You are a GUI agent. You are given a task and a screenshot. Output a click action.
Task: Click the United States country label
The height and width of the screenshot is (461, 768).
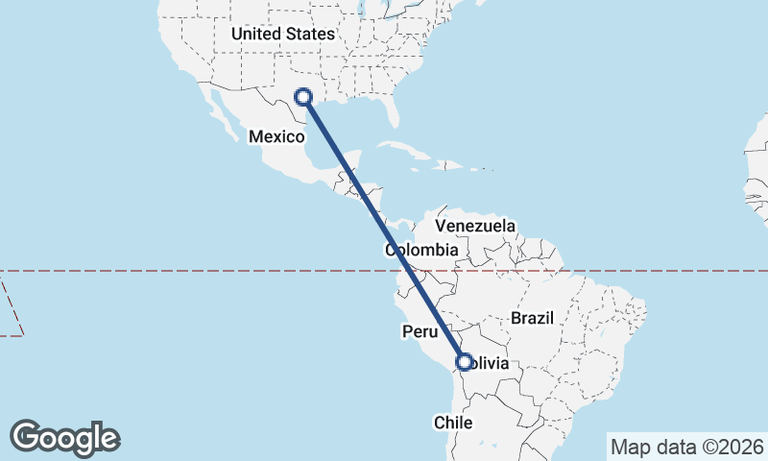pos(283,35)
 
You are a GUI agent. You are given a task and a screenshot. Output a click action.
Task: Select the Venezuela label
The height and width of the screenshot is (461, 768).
pos(475,226)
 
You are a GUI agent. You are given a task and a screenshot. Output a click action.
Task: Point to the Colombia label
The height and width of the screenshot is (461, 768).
pos(421,250)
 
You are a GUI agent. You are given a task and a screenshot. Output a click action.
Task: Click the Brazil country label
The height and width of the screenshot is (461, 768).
pos(534,318)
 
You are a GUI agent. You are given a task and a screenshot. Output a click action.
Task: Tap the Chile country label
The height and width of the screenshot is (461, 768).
pos(454,423)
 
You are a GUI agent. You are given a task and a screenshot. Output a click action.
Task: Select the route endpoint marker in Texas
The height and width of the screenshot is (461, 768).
pos(303,96)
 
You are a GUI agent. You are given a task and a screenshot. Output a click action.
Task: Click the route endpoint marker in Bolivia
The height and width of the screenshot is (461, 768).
pos(465,362)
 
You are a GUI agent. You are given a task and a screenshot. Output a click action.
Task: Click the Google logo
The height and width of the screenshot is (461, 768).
pos(65,437)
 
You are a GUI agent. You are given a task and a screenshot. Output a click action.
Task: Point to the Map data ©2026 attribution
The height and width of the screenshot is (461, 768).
pos(687,446)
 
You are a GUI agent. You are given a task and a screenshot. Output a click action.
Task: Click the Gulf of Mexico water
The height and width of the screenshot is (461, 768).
pos(346,125)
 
